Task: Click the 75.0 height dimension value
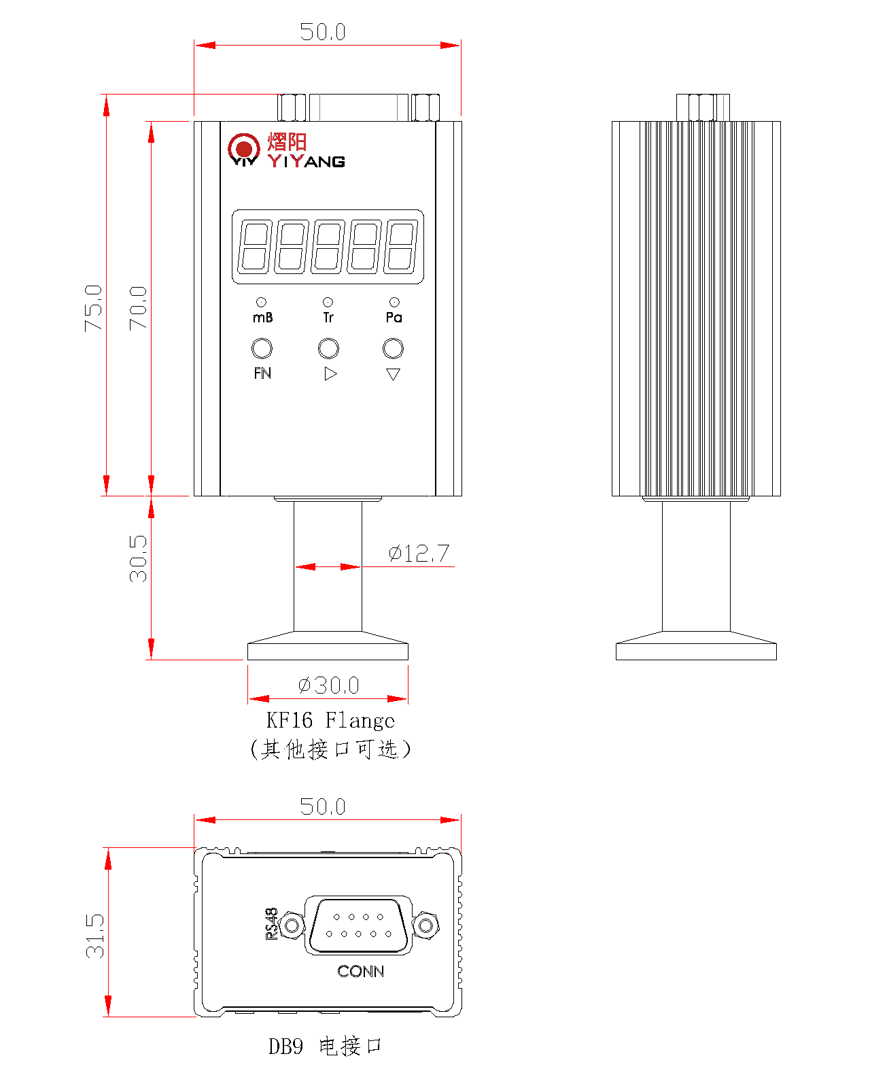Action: click(x=93, y=308)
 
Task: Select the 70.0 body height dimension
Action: click(x=138, y=308)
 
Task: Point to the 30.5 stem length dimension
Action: click(x=138, y=558)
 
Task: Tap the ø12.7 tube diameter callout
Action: click(x=419, y=554)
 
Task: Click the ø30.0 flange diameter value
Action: click(x=329, y=685)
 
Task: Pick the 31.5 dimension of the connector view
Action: click(x=95, y=936)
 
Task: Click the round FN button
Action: click(x=262, y=348)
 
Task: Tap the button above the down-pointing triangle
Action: click(x=393, y=348)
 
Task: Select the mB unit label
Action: click(x=262, y=318)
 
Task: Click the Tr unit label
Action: click(x=328, y=318)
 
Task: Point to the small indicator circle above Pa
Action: click(x=394, y=302)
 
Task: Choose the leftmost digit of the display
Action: click(x=254, y=246)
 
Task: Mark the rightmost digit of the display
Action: click(x=400, y=246)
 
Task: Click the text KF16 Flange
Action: click(x=330, y=720)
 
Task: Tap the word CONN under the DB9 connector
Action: click(x=360, y=971)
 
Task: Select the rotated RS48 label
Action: click(x=271, y=923)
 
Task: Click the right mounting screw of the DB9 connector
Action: click(x=426, y=925)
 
